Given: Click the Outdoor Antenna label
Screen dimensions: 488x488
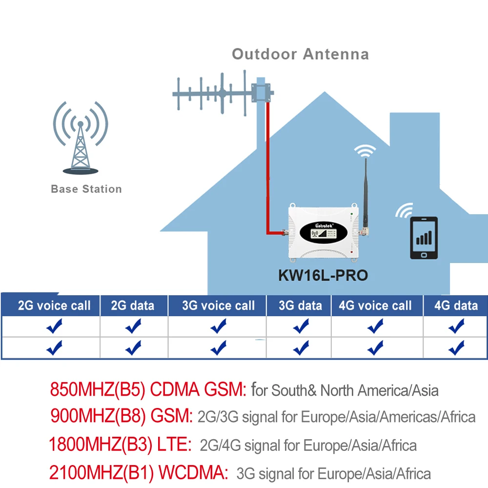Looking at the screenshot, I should point(300,54).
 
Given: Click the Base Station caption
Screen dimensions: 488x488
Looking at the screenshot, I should point(86,189).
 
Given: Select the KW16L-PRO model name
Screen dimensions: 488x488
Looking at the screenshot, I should point(323,275).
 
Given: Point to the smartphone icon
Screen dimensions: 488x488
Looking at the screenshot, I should point(424,237).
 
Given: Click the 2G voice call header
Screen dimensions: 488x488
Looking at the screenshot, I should point(54,306).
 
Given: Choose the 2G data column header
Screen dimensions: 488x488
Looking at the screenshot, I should point(133,306).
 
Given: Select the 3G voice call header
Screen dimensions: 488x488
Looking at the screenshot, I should point(218,306).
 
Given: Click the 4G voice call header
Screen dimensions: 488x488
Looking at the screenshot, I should point(375,306).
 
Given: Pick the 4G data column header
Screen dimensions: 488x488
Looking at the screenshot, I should point(456,306).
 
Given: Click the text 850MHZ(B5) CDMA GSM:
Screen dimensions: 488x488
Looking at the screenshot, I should point(148,389).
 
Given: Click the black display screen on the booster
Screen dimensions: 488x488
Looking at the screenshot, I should point(322,234).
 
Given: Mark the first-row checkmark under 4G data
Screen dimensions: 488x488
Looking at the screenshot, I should point(456,326).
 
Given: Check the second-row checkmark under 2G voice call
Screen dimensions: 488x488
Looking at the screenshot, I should point(54,347).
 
